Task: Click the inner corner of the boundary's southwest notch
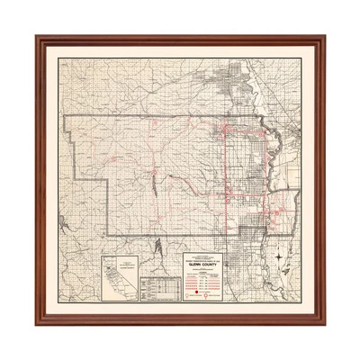coord(108,184)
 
